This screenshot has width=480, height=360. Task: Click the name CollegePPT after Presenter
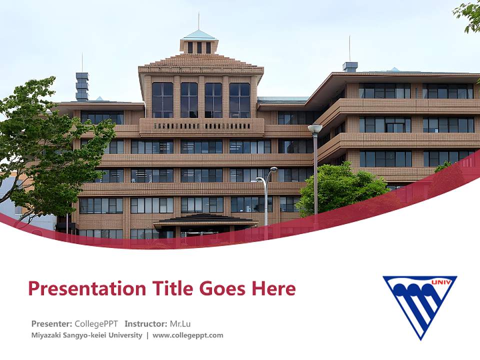pyautogui.click(x=96, y=323)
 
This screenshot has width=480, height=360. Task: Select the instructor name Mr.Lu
pyautogui.click(x=180, y=323)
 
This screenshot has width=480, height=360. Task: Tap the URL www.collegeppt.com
pyautogui.click(x=188, y=335)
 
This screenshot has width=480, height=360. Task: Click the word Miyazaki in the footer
pyautogui.click(x=46, y=335)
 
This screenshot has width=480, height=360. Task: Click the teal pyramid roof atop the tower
pyautogui.click(x=198, y=35)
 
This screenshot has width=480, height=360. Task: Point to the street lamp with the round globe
pyautogui.click(x=315, y=128)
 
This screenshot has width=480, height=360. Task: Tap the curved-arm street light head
pyautogui.click(x=273, y=169)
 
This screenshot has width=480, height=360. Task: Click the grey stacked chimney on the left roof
pyautogui.click(x=82, y=86)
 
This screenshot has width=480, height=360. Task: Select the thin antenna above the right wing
pyautogui.click(x=349, y=48)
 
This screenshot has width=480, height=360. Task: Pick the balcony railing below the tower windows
pyautogui.click(x=201, y=125)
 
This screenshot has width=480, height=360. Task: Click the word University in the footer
pyautogui.click(x=126, y=335)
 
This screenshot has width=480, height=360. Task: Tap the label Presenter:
pyautogui.click(x=52, y=323)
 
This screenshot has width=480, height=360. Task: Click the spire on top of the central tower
pyautogui.click(x=198, y=21)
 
